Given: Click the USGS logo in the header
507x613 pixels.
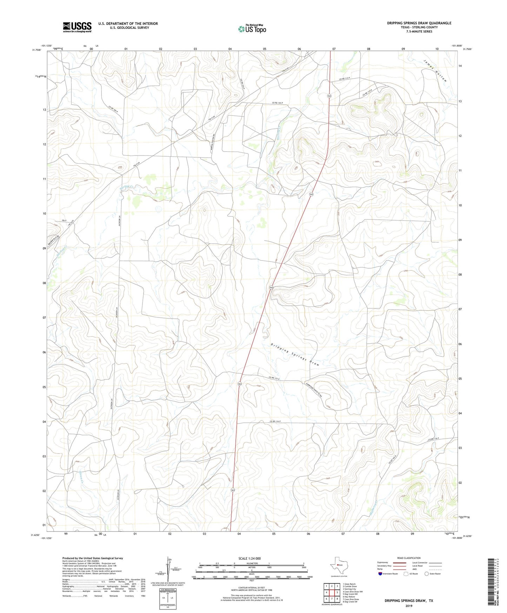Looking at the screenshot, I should pos(77,27).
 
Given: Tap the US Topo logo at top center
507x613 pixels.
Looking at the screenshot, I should pos(252,28).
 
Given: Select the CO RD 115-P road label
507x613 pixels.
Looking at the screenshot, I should pos(276,378).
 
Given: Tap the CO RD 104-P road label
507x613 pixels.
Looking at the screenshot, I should pos(278,103).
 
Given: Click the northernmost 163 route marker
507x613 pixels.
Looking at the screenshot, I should pos(329,96).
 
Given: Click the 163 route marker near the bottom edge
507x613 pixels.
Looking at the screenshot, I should pos(233,490).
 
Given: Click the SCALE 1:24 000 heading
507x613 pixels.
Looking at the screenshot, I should pos(249,558).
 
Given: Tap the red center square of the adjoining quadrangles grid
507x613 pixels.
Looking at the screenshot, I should pos(332,592).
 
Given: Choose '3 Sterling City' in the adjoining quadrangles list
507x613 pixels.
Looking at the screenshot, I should pos(349,589).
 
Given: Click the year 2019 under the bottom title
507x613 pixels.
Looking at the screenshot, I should pos(409,606).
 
